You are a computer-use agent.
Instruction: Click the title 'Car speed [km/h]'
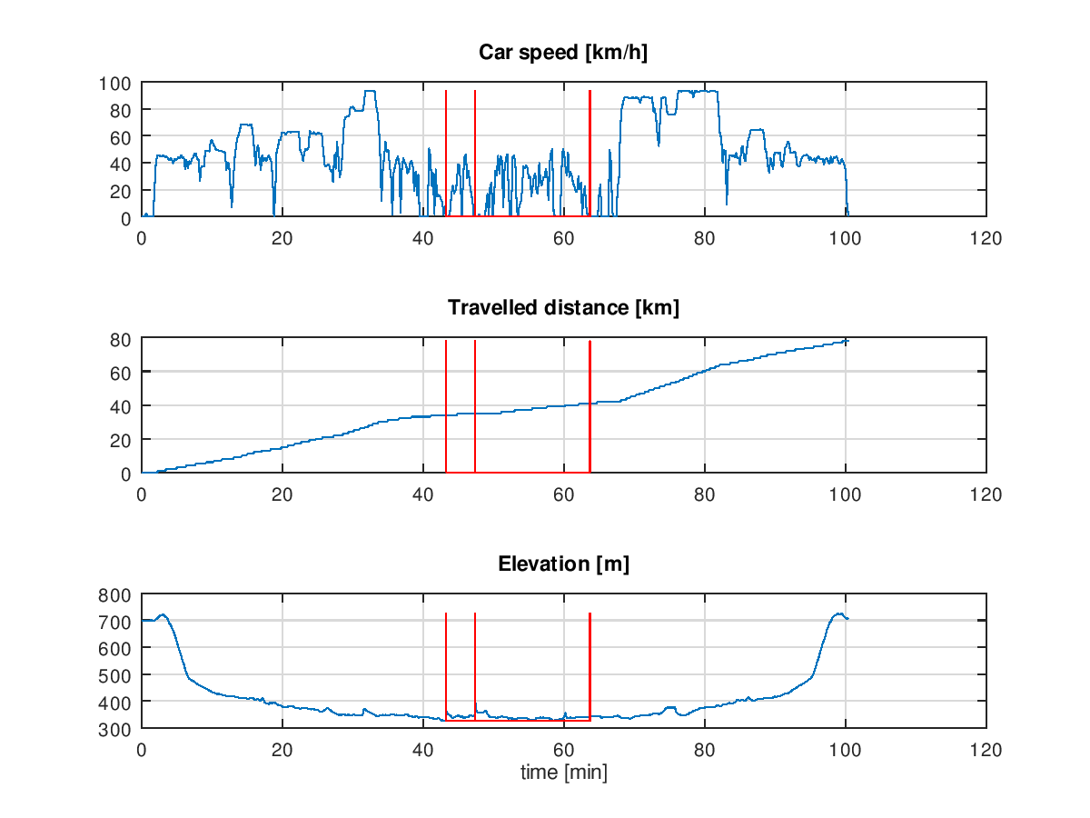(x=563, y=53)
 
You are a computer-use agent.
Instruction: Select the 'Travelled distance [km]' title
(x=563, y=308)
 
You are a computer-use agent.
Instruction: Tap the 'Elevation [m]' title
(x=563, y=564)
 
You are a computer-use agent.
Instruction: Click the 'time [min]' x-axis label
(x=563, y=773)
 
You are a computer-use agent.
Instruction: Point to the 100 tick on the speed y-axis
(x=115, y=84)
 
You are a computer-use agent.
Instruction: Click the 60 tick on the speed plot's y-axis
(x=121, y=137)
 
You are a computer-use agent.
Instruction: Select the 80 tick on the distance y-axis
(x=121, y=339)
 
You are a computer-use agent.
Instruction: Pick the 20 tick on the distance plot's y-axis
(x=121, y=440)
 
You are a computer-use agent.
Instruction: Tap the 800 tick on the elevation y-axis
(x=115, y=594)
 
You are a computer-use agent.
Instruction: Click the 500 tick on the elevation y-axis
(x=115, y=675)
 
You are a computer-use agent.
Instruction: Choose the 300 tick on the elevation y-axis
(x=115, y=729)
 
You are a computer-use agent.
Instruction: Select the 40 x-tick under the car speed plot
(x=423, y=238)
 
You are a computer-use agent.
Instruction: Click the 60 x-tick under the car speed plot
(x=564, y=238)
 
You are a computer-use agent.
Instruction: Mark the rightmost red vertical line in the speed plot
(x=590, y=155)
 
